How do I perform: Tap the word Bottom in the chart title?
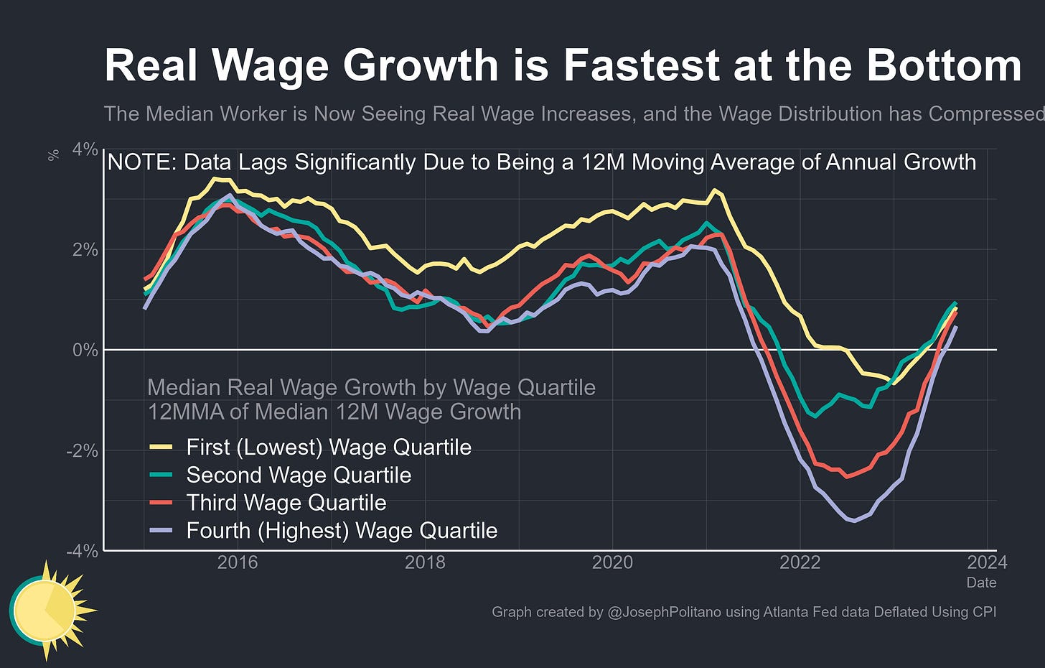(943, 65)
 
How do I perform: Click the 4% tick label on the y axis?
(85, 149)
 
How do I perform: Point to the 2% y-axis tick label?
(85, 250)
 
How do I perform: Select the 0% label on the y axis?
(85, 350)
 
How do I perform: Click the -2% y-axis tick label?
(82, 450)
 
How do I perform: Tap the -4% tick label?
(82, 551)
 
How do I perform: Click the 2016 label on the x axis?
(238, 562)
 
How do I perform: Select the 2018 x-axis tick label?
(425, 562)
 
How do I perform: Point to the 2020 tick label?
(612, 562)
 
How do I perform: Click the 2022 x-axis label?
(800, 562)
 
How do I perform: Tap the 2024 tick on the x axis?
(988, 562)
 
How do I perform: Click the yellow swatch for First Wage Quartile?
(161, 447)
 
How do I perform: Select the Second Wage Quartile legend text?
(299, 475)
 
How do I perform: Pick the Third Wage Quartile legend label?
(286, 503)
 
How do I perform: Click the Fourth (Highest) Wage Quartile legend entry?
(342, 531)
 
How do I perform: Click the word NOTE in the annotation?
(141, 162)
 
